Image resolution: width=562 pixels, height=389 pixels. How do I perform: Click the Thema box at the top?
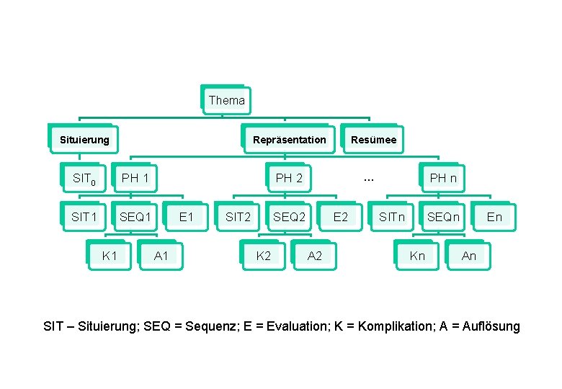[226, 100]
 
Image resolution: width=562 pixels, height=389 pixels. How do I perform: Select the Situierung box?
[84, 139]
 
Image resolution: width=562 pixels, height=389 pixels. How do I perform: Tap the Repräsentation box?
[289, 139]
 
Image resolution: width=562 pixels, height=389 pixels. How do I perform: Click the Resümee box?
[373, 139]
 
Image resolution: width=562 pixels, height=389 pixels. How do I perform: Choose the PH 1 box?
[135, 178]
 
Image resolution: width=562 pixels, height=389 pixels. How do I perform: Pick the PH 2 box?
[289, 178]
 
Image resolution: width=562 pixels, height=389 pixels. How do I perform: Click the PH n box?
[443, 178]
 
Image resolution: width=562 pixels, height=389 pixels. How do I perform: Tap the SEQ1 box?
[135, 217]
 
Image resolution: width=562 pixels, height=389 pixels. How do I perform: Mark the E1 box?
[186, 217]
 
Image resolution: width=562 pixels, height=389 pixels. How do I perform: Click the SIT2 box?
[238, 217]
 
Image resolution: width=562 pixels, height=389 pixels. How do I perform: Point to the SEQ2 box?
[289, 217]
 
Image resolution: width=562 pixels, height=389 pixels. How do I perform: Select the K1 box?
[110, 256]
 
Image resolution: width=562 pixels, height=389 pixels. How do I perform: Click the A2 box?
[315, 256]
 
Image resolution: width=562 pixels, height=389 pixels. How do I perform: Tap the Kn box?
[417, 256]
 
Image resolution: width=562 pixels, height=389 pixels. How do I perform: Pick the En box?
[494, 217]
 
